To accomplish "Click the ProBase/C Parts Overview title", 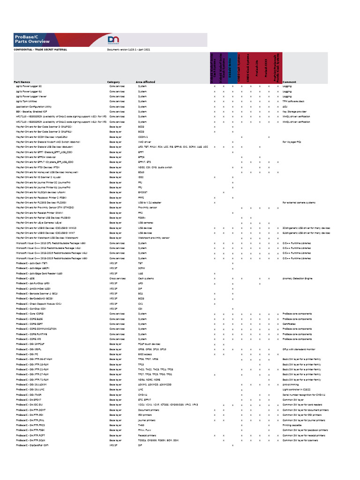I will click(27, 39).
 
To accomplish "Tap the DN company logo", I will click(114, 40).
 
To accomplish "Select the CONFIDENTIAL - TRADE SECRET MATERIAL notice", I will click(41, 49).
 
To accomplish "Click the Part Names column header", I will click(22, 82).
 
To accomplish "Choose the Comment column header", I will click(289, 82).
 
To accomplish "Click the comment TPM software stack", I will click(293, 101).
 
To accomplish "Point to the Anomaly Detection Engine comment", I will click(297, 279).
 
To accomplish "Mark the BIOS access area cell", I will click(145, 354).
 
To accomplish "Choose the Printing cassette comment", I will click(293, 425).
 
